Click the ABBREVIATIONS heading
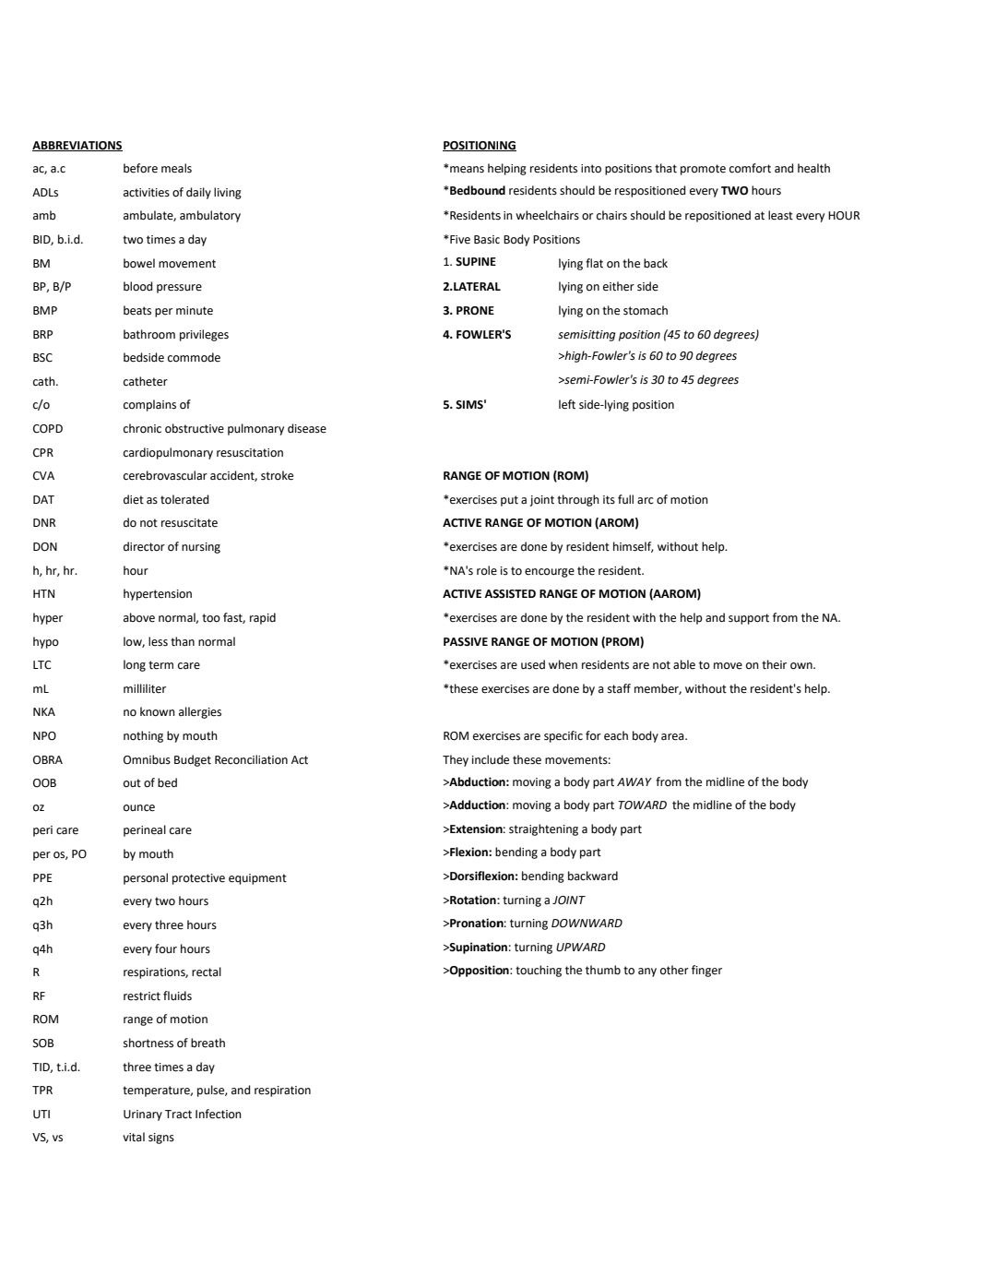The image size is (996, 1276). pyautogui.click(x=77, y=146)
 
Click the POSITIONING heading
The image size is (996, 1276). pyautogui.click(x=479, y=146)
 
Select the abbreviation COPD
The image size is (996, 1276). pyautogui.click(x=48, y=429)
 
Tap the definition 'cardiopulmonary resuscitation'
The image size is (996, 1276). pyautogui.click(x=203, y=453)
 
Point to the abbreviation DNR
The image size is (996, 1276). pyautogui.click(x=44, y=523)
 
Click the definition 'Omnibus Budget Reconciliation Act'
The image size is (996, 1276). pyautogui.click(x=215, y=760)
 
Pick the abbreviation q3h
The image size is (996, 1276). pyautogui.click(x=42, y=925)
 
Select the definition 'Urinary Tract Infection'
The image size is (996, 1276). pyautogui.click(x=182, y=1115)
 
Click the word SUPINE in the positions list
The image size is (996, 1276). pyautogui.click(x=476, y=262)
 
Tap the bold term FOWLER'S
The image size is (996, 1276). pyautogui.click(x=483, y=335)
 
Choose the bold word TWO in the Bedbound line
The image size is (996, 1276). pyautogui.click(x=734, y=191)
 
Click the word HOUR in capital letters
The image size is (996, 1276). pyautogui.click(x=843, y=216)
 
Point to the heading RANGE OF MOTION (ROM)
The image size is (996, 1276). pyautogui.click(x=516, y=476)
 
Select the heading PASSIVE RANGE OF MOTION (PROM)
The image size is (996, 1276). pyautogui.click(x=543, y=642)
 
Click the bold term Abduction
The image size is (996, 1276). pyautogui.click(x=479, y=782)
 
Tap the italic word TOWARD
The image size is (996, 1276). pyautogui.click(x=642, y=805)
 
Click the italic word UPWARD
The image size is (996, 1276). pyautogui.click(x=580, y=948)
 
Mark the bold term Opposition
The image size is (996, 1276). pyautogui.click(x=480, y=971)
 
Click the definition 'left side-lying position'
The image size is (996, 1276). pyautogui.click(x=616, y=405)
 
